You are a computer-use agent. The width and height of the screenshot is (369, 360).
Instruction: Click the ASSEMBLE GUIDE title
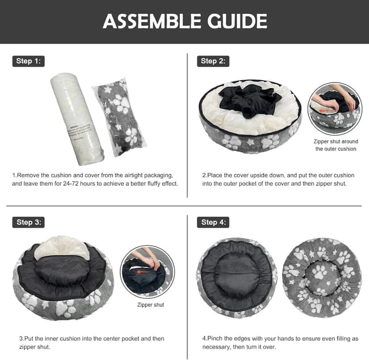[x=184, y=21]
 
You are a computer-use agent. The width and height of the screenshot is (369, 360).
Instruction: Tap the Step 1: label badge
[x=28, y=61]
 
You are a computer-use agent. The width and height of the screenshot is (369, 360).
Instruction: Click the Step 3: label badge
[x=28, y=222]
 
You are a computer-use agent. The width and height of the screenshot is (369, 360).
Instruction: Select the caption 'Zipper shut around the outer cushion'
[x=336, y=145]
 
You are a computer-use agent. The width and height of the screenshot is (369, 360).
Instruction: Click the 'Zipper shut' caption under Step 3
[x=150, y=305]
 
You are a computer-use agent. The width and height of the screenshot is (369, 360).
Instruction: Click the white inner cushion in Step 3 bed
[x=62, y=249]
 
